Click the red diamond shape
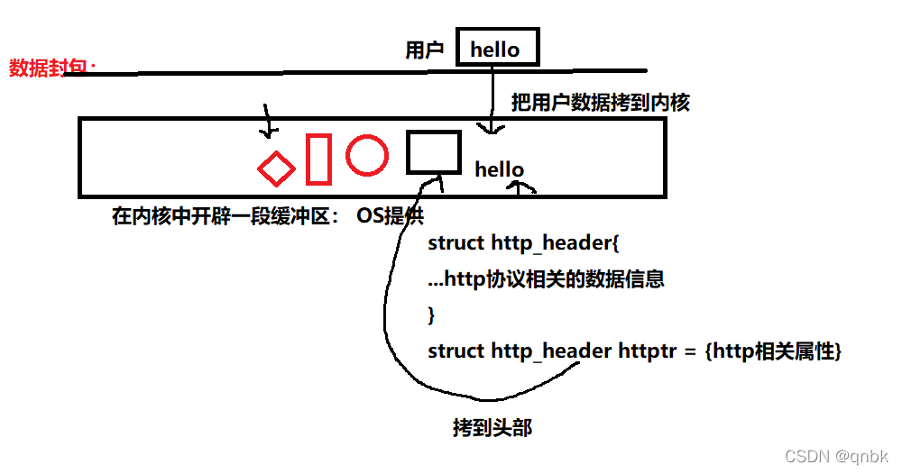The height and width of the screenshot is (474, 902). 277,168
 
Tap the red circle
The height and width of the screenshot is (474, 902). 367,154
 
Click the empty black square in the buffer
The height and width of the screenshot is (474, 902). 434,151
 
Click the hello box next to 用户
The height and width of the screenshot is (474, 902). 497,49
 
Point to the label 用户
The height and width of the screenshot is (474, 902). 425,50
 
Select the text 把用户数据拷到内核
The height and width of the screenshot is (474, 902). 600,103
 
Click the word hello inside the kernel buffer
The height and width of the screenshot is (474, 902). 499,169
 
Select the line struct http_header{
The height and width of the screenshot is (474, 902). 523,243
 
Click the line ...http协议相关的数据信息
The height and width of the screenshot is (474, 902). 546,279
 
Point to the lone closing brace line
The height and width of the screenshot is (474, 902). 432,315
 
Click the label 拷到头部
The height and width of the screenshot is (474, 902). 492,428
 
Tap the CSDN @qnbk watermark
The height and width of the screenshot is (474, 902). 836,457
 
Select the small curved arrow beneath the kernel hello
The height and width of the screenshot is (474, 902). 521,187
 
